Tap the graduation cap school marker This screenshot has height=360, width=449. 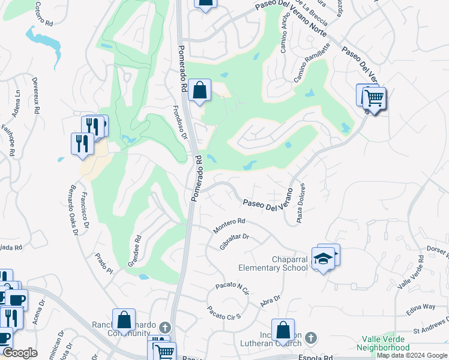pyautogui.click(x=324, y=259)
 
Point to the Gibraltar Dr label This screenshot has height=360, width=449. pyautogui.click(x=234, y=242)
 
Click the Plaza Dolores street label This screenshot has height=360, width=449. pyautogui.click(x=301, y=204)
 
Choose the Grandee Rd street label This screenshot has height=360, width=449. pyautogui.click(x=134, y=251)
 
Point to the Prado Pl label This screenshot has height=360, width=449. pyautogui.click(x=103, y=262)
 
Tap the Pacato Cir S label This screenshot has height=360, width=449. pyautogui.click(x=223, y=313)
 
